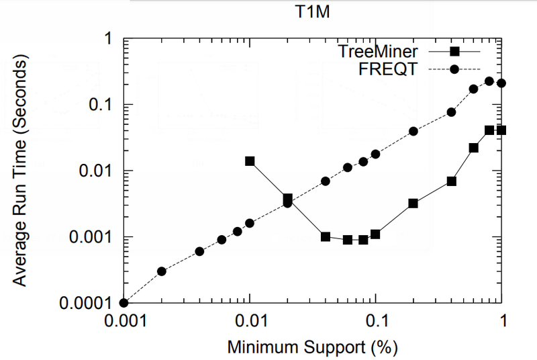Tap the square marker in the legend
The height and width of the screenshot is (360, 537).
(454, 51)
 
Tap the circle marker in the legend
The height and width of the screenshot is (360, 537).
(454, 69)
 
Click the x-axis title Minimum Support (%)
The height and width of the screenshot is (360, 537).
(312, 347)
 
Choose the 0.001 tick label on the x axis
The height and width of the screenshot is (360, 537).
(124, 322)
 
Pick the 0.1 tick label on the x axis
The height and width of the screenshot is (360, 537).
(375, 322)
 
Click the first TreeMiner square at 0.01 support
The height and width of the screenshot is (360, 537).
(250, 161)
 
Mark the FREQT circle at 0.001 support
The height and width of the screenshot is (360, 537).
(124, 303)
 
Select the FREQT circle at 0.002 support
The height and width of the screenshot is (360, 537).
(162, 271)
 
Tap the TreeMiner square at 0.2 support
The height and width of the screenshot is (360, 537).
(413, 203)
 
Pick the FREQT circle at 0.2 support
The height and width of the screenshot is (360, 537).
(413, 131)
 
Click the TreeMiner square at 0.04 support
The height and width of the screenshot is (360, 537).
(326, 236)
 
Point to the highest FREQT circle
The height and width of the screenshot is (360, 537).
(489, 81)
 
